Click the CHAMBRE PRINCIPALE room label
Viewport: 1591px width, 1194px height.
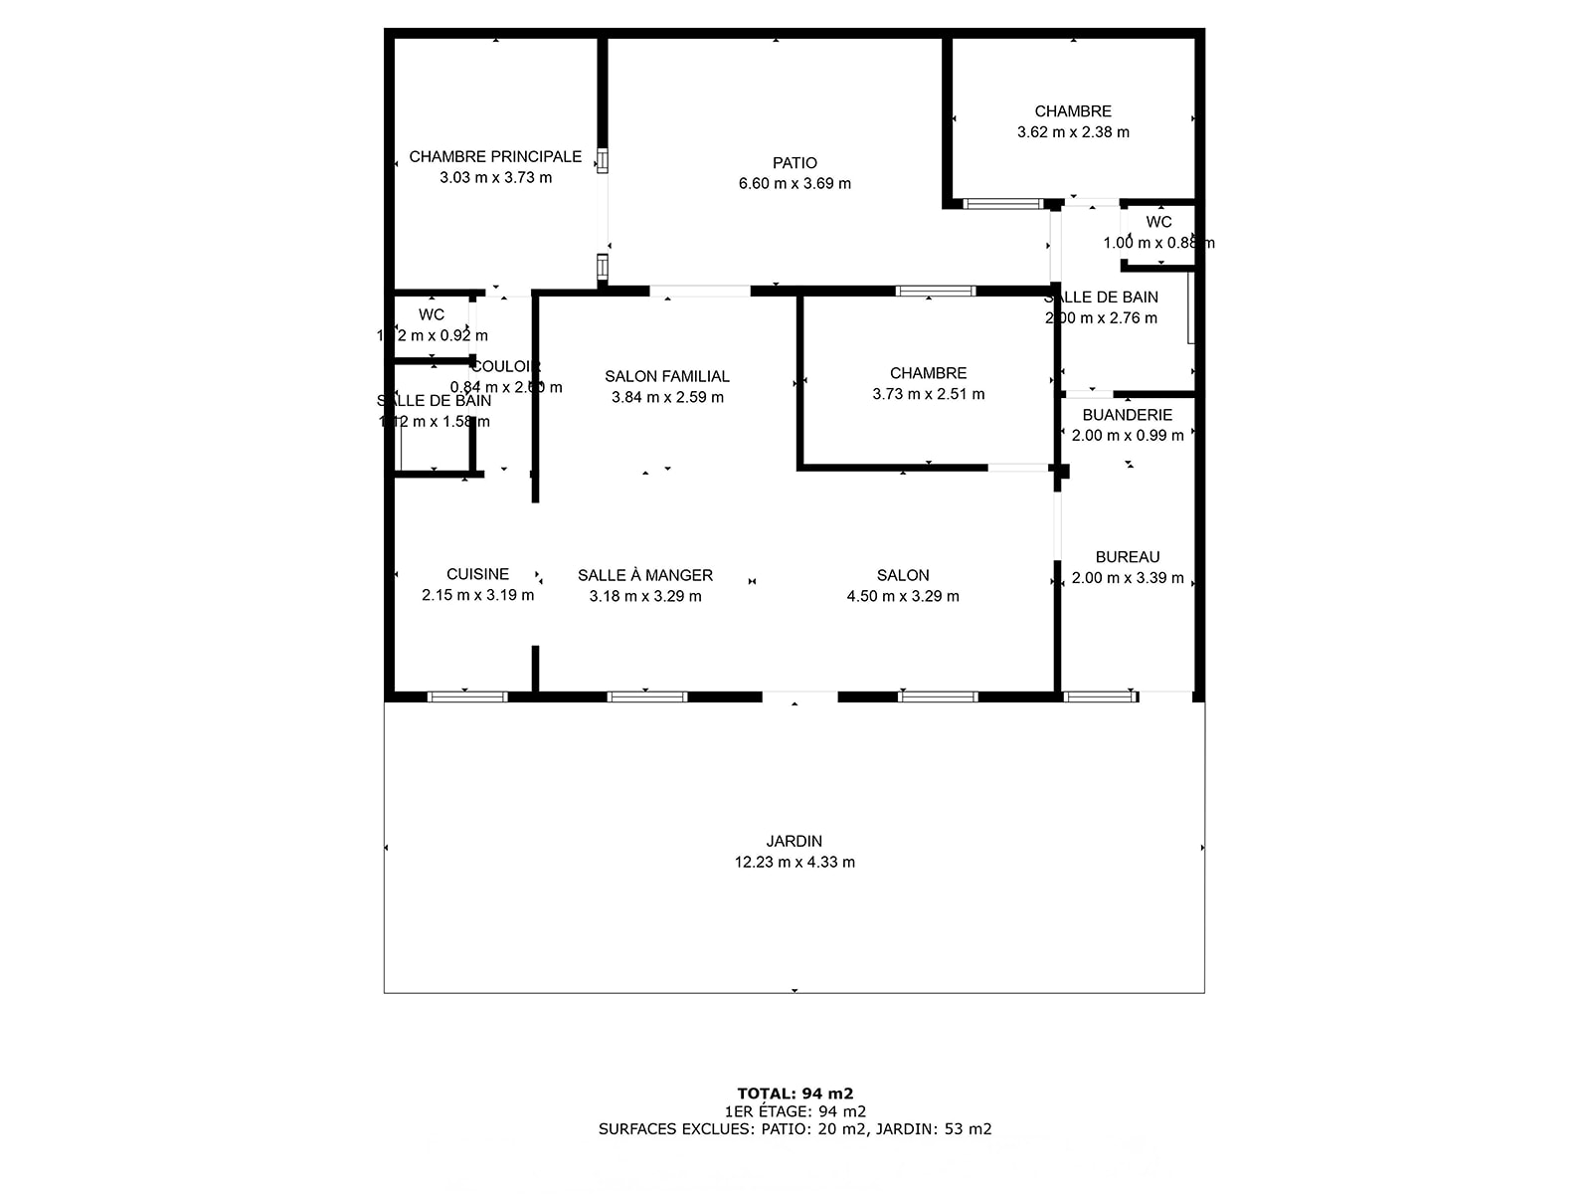click(x=495, y=156)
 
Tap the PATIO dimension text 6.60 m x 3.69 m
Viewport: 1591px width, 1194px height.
click(x=795, y=183)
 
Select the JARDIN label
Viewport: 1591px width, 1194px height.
click(x=795, y=841)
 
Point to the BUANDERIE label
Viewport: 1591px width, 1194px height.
click(x=1128, y=415)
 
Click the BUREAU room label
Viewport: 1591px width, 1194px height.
click(x=1128, y=557)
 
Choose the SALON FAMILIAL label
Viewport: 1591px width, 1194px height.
click(x=667, y=376)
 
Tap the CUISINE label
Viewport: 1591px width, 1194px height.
click(x=477, y=574)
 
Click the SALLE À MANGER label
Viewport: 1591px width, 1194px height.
click(x=645, y=575)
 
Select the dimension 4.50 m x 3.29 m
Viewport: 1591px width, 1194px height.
click(x=903, y=596)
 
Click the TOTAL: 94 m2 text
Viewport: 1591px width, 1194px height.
click(x=795, y=1094)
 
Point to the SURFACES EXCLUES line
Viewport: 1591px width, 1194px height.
click(x=795, y=1129)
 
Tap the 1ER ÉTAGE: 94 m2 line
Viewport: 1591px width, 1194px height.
click(x=795, y=1111)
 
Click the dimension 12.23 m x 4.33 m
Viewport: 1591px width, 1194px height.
click(x=795, y=863)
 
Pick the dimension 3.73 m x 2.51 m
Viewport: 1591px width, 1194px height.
click(x=929, y=394)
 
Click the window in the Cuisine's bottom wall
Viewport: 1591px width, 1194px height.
click(x=467, y=696)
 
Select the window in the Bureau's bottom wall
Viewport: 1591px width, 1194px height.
click(x=1100, y=696)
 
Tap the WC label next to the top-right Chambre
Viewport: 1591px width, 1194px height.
click(x=1158, y=222)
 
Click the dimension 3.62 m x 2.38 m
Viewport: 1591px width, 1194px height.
click(x=1073, y=132)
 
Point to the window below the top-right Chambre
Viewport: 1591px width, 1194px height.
click(x=1002, y=204)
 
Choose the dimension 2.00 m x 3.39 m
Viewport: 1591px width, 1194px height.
click(x=1128, y=578)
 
